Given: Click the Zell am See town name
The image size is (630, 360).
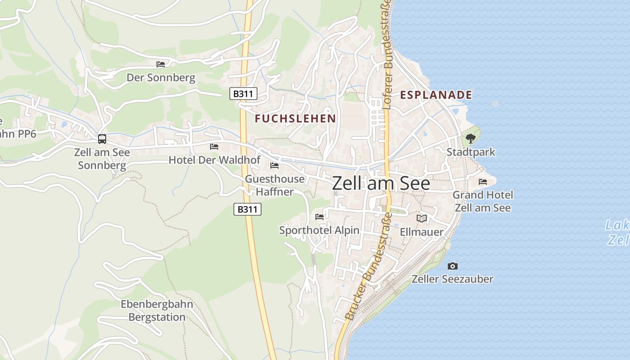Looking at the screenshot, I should point(381,184).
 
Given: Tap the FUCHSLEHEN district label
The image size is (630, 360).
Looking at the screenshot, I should point(295,119).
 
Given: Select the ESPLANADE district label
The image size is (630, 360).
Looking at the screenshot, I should point(436,95).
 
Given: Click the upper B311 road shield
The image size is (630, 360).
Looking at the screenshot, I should point(243,94).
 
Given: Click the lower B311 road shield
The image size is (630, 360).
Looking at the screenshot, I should point(247,209).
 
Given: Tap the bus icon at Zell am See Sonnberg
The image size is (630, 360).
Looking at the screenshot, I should point(102,139).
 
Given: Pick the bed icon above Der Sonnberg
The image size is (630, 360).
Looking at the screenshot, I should point(161,64).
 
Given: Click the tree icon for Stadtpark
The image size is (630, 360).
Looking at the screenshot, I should point(471,138).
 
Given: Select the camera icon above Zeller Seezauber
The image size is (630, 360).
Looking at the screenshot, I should point(453,266).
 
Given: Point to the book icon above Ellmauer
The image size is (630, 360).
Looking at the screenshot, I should point(422,219).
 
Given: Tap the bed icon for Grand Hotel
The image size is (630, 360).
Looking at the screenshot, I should point(483,182).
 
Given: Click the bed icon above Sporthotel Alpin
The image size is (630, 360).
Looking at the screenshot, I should point(319,217).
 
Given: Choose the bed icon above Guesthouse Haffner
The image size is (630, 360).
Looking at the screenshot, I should point(274,166).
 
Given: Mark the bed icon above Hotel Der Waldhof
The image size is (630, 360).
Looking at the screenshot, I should point(214,147).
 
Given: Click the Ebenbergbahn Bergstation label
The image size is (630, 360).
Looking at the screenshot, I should point(157,311).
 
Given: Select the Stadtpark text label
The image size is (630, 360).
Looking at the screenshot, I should point(471,152).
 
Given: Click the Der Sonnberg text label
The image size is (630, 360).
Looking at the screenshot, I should point(161,78).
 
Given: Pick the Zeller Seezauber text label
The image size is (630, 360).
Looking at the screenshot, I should point(452,279).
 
